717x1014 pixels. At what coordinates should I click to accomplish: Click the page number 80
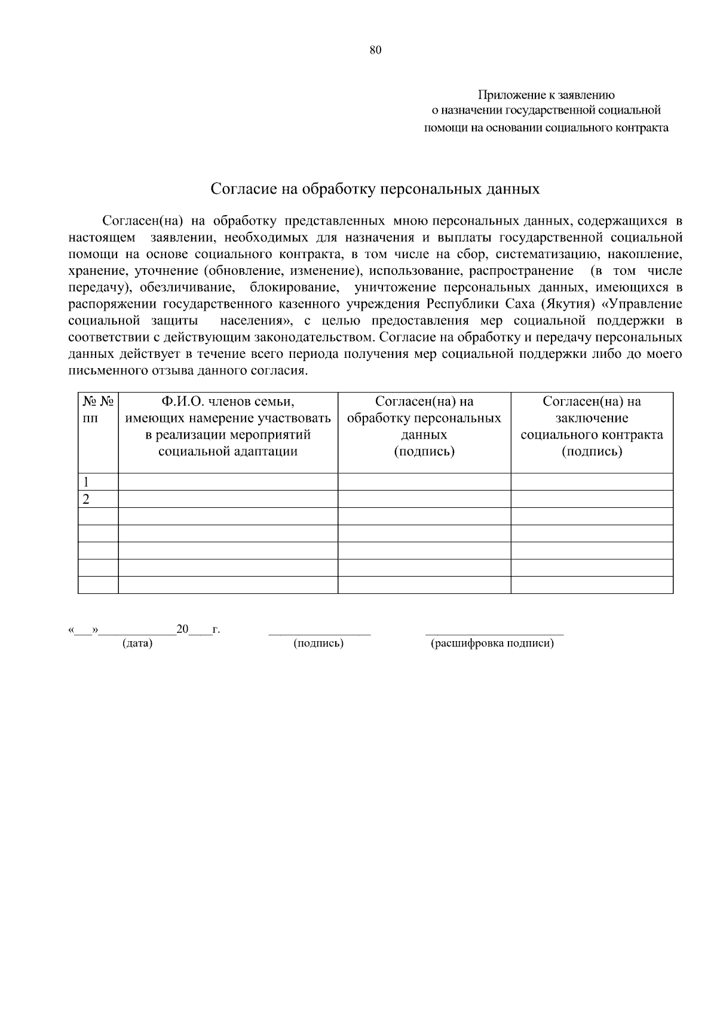[375, 50]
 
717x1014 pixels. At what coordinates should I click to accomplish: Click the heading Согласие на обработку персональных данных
[375, 189]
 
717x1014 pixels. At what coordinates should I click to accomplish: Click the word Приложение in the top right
[508, 95]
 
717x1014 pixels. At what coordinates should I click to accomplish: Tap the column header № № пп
[98, 409]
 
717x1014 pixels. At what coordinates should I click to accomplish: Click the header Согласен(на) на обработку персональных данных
[424, 426]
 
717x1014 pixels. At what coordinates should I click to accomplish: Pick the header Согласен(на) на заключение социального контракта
[592, 426]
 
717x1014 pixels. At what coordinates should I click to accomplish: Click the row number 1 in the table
[87, 482]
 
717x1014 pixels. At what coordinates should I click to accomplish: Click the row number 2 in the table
[87, 500]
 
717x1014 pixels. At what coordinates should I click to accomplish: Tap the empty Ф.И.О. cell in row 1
[228, 482]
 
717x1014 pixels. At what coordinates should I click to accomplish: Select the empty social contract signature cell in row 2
[592, 500]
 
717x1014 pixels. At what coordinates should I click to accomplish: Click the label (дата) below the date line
[137, 644]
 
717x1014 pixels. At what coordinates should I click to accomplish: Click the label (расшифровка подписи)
[492, 644]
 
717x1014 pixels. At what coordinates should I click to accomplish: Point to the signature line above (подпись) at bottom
[319, 632]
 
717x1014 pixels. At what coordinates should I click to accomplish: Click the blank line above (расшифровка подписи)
[494, 632]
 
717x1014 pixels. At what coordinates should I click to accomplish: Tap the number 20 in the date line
[182, 629]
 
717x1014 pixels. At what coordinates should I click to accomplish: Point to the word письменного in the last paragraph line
[103, 371]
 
